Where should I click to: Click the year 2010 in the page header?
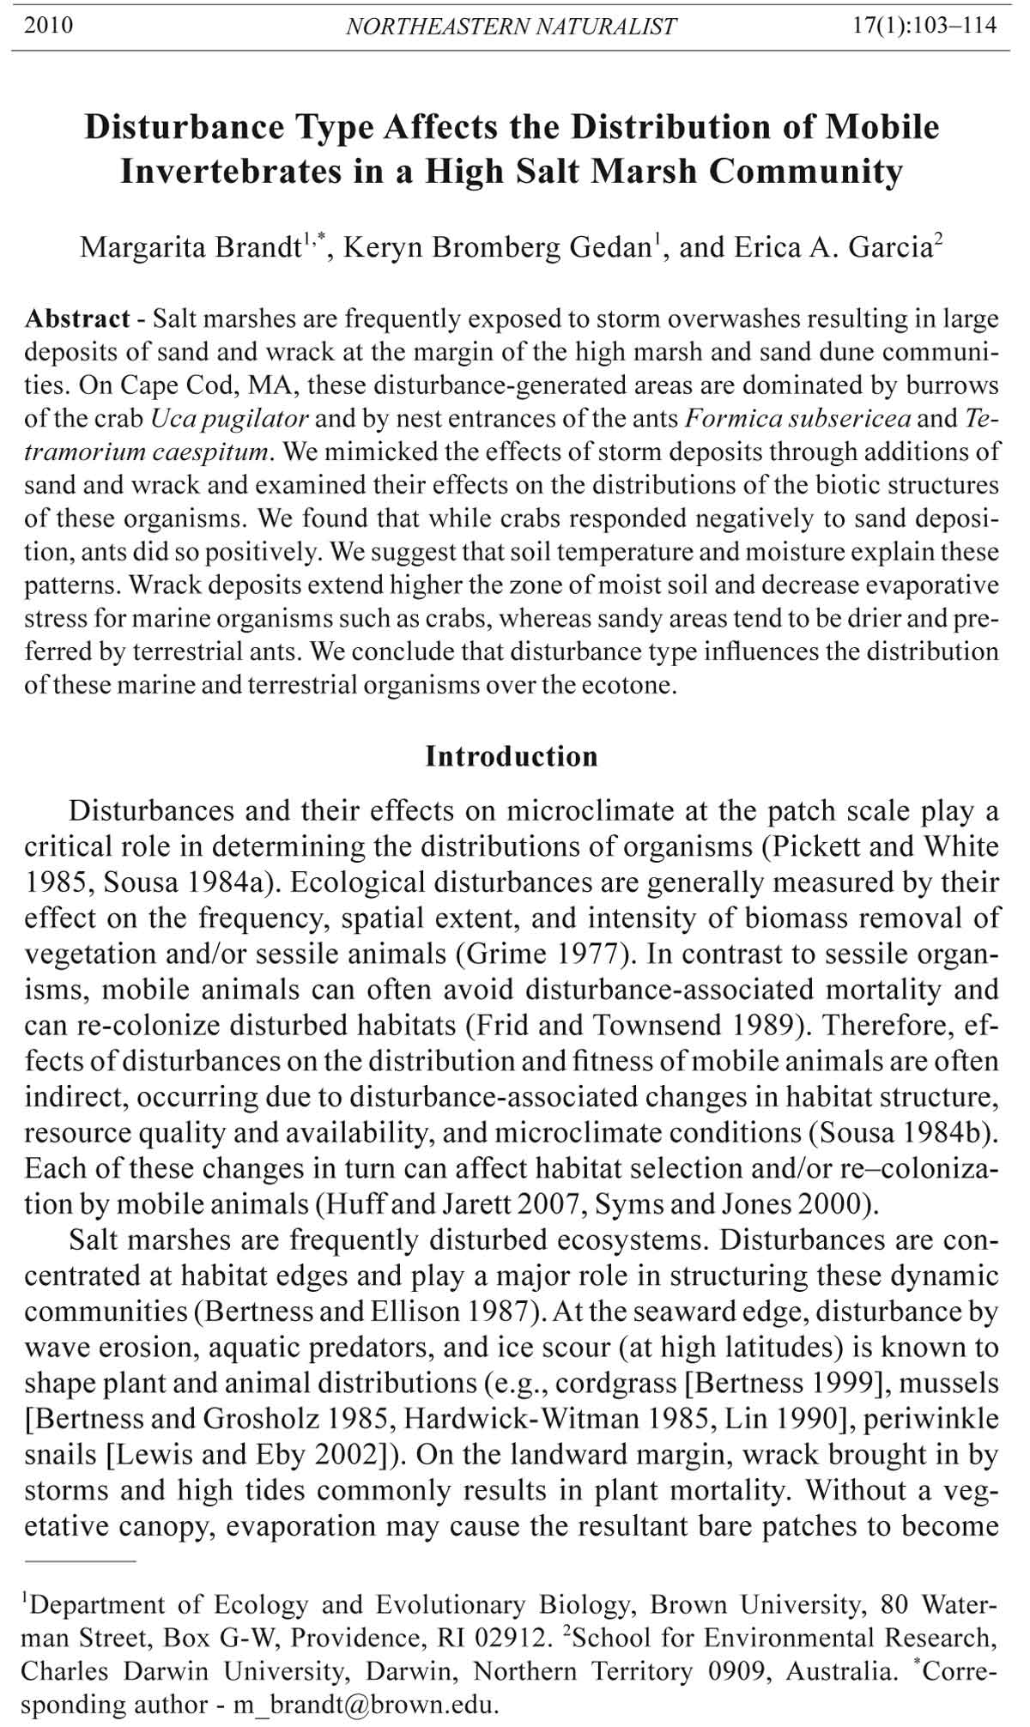pos(49,26)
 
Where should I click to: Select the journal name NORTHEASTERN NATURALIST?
pos(511,27)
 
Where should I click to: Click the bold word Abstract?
pos(77,319)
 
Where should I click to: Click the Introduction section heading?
pos(512,756)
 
